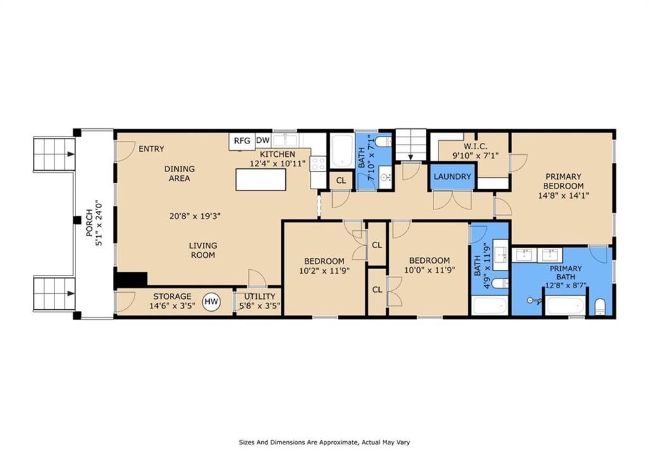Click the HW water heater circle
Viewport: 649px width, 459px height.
click(x=212, y=302)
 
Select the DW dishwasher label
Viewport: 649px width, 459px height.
click(x=263, y=140)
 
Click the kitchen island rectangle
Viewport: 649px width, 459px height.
click(x=260, y=179)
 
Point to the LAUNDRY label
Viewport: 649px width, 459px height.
click(x=453, y=176)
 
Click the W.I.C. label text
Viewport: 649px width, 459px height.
click(x=475, y=147)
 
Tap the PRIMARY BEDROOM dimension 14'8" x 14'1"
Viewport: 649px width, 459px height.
click(x=563, y=196)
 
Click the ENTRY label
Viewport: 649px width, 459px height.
click(x=151, y=149)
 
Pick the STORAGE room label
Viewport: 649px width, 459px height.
click(x=172, y=296)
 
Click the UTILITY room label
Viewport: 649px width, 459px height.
click(x=259, y=296)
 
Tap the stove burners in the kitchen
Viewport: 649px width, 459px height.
click(x=318, y=163)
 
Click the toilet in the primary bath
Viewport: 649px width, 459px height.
click(x=600, y=307)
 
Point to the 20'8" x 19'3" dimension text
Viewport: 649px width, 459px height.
click(x=195, y=216)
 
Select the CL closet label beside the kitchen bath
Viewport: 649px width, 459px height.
click(x=341, y=181)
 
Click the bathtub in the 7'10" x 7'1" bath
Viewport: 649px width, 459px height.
click(x=342, y=151)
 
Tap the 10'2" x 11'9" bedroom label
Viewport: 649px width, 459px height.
click(x=324, y=271)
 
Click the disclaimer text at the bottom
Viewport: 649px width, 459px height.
click(x=324, y=442)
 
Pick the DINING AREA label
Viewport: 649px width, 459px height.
click(x=179, y=174)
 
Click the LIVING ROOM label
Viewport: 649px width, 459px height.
click(x=203, y=250)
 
